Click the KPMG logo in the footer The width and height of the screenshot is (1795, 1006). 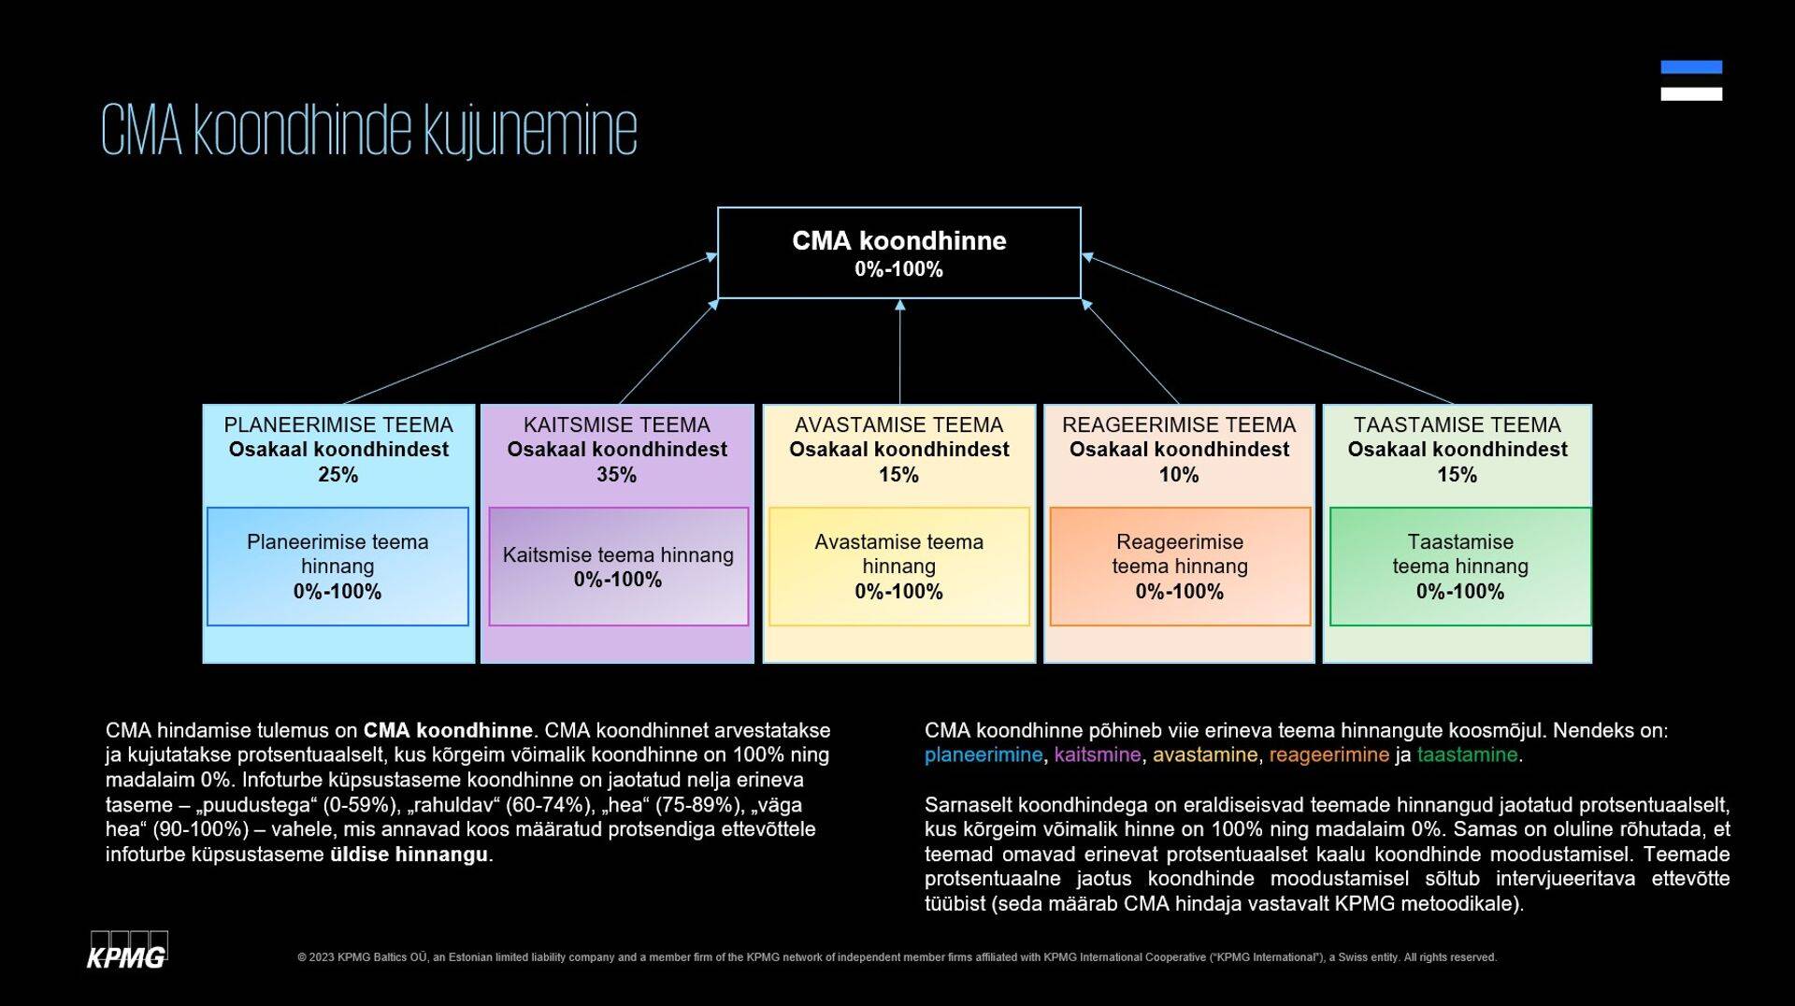coord(127,952)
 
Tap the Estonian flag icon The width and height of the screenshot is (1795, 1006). coord(1690,80)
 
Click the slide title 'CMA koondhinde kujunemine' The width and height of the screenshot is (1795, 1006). coord(368,131)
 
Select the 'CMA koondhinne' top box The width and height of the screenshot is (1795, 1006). coord(898,252)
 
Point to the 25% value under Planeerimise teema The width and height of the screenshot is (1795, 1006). coord(337,475)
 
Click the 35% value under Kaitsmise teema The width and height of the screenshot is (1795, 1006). coord(616,475)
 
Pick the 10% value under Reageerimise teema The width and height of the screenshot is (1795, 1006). coord(1178,475)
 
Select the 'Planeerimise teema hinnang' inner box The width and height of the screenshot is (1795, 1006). coord(337,567)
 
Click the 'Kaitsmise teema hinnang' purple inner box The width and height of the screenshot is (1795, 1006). coord(618,567)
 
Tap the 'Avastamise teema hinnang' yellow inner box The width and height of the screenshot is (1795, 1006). coord(898,567)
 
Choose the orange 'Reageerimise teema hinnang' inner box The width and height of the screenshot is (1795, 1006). coord(1179,567)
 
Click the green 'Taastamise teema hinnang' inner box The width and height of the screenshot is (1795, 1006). coord(1459,567)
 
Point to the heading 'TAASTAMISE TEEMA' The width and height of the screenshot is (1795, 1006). coord(1457,424)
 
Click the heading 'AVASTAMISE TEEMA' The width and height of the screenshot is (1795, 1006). coord(898,424)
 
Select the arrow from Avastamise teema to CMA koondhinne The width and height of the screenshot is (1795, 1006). coord(899,352)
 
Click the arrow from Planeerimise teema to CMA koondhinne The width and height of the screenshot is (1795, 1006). coord(529,329)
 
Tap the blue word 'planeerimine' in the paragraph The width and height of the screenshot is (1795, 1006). coord(983,755)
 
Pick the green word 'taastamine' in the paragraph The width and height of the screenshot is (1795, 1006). coord(1467,755)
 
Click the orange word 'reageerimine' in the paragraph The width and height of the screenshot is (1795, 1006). coord(1328,755)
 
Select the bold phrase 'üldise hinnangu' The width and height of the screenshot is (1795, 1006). coord(409,855)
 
